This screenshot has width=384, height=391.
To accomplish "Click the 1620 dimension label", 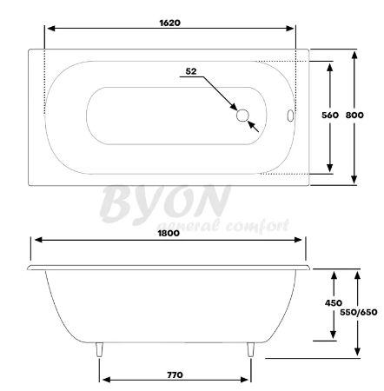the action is (170, 23).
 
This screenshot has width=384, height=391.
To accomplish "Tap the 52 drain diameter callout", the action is (191, 71).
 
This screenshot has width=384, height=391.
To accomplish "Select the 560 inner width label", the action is (330, 115).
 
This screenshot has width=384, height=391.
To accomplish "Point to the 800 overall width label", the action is (354, 115).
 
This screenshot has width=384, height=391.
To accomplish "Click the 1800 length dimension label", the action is (169, 233).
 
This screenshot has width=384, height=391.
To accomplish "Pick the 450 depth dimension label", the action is (334, 303).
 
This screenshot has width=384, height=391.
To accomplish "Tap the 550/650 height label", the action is (359, 312).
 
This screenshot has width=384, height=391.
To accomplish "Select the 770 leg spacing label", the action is (175, 375).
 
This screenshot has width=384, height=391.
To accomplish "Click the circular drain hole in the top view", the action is (242, 116).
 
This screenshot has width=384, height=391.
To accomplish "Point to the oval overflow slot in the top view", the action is (290, 116).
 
